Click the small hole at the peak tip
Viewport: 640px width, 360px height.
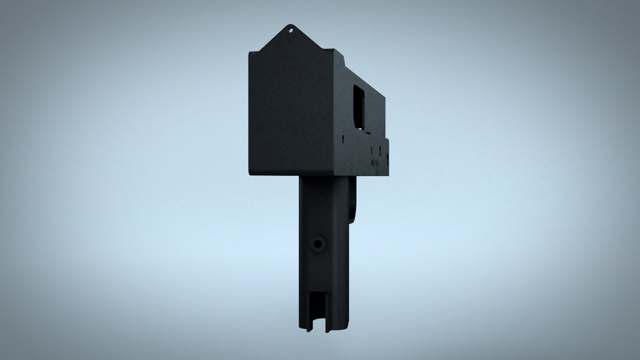point(291,30)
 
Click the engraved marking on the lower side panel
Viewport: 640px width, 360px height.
point(375,163)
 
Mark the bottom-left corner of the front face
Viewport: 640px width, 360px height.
point(250,174)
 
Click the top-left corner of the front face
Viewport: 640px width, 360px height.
point(249,53)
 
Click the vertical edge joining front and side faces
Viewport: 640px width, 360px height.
point(334,113)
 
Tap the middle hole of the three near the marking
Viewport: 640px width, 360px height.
point(380,151)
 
